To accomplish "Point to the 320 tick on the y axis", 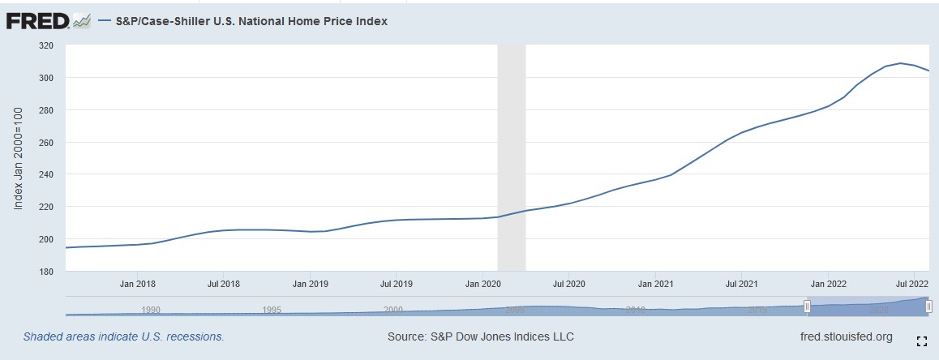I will coord(45,45).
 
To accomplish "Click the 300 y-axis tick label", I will coord(45,78).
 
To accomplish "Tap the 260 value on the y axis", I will coord(45,143).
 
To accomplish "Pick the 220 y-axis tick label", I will coord(45,207).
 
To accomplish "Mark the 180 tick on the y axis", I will coord(45,272).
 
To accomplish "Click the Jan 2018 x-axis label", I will coord(138,285).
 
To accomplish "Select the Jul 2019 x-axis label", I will coord(396,285).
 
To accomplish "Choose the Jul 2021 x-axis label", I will coord(742,285).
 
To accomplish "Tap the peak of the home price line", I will coord(900,63).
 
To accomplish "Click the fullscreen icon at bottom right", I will coord(921,341).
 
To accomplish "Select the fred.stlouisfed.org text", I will coord(846,336).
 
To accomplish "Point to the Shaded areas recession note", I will coord(123,336).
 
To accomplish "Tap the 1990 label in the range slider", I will coord(151,310).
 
